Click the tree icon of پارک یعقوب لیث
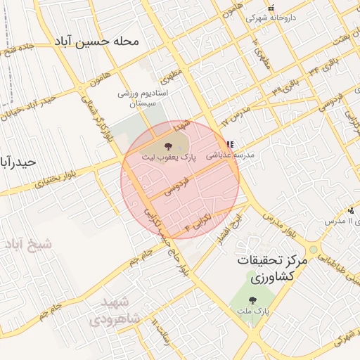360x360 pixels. (x=169, y=146)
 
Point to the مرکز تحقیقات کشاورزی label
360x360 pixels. (x=273, y=268)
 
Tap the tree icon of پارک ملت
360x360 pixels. (x=252, y=300)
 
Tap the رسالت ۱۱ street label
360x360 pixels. (x=165, y=338)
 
